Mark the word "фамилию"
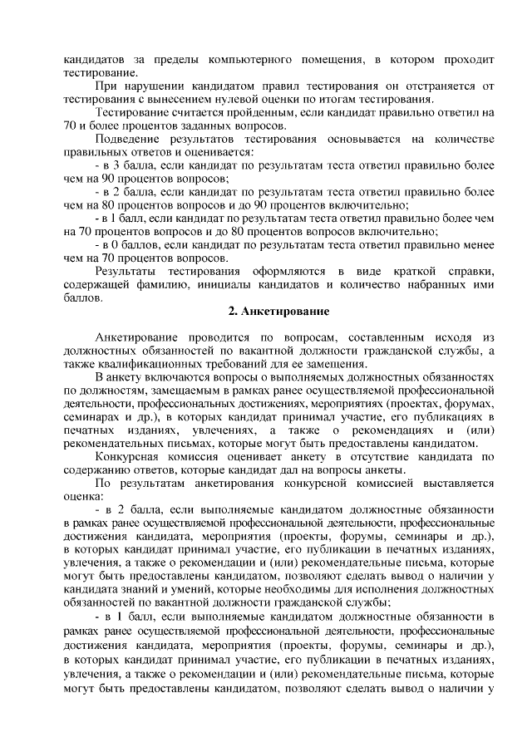[172, 285]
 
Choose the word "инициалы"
[227, 285]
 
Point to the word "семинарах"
[91, 416]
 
